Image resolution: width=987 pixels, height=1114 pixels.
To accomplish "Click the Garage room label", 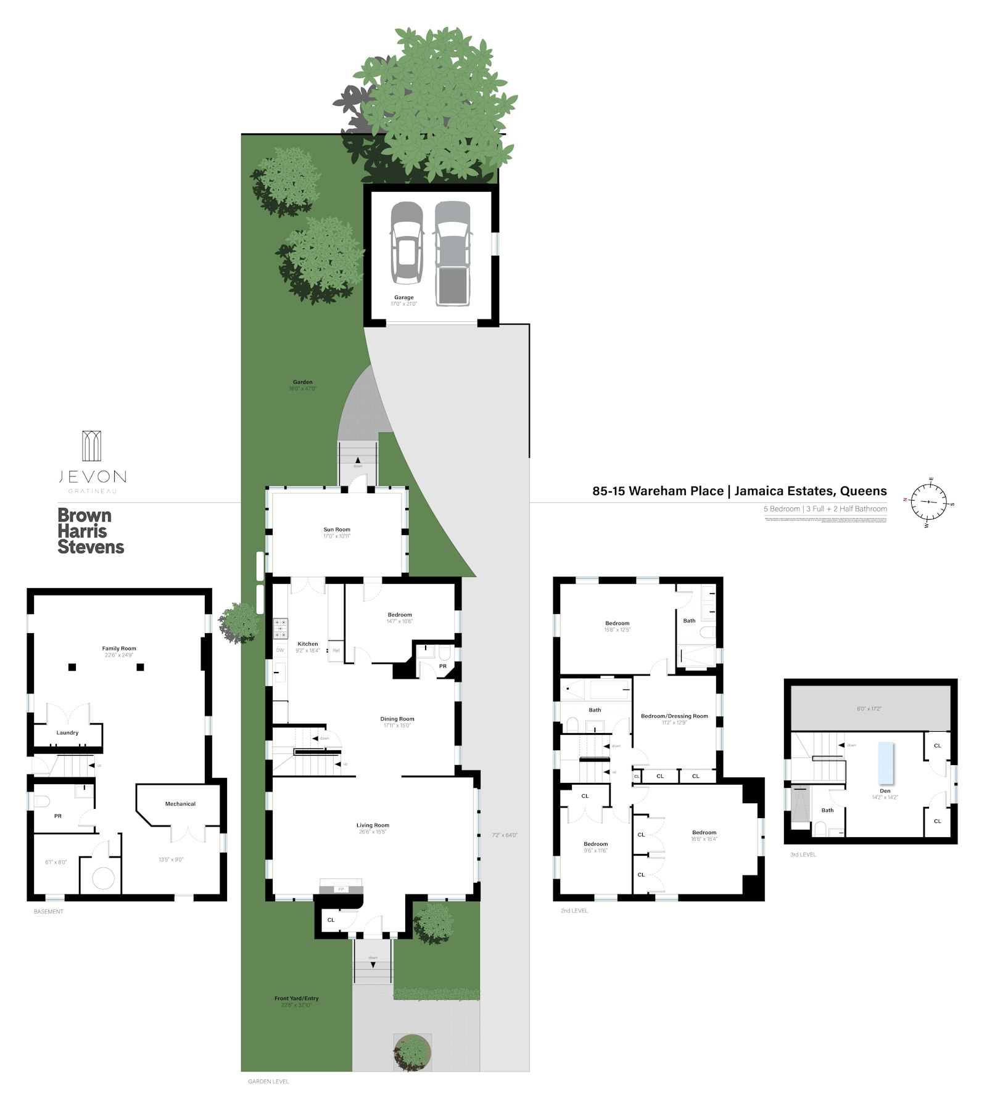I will pos(404,297).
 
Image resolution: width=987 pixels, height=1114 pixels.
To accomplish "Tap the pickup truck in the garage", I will pos(452,253).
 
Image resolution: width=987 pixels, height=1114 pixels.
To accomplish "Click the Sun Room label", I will pos(337,530).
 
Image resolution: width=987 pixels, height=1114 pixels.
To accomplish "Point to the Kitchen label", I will pos(308,644).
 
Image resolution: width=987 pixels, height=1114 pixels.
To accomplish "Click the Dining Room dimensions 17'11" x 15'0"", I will pos(397,726).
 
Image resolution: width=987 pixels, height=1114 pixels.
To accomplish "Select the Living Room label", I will pos(373,825).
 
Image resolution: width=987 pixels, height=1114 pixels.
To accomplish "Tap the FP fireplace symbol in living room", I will pos(341,889).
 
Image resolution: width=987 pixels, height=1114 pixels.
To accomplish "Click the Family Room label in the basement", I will pos(119,648).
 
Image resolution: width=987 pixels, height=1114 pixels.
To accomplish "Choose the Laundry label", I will pos(67,733).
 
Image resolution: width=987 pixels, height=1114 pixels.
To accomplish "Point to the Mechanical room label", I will pos(180,804).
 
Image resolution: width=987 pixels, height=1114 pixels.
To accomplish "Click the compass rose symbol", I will pos(928,502).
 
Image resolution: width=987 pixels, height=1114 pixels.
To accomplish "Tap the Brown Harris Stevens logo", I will pos(91,531).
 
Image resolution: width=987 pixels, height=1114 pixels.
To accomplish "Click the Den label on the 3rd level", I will pos(885,791).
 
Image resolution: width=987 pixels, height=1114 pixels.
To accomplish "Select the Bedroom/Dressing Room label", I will pos(674,716).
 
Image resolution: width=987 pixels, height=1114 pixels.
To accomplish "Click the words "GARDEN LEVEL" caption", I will pos(268,1081).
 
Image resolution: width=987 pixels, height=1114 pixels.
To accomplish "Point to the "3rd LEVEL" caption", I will pos(803,854).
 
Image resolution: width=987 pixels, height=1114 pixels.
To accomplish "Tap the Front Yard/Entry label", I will pos(296,998).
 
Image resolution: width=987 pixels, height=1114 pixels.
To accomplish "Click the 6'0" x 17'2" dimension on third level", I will pos(869,709).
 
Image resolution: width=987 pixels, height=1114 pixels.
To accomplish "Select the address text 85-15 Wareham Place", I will pos(658,491).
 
